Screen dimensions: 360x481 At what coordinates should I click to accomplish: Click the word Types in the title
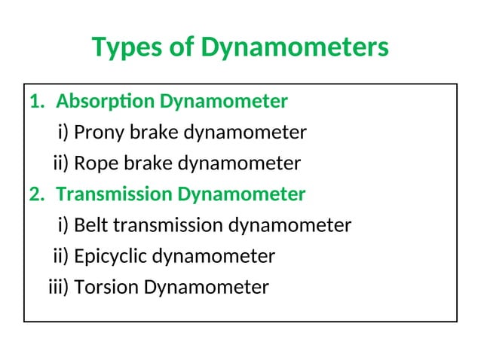[125, 47]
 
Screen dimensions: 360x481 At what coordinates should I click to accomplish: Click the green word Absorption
[106, 101]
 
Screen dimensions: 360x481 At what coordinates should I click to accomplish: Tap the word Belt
[92, 225]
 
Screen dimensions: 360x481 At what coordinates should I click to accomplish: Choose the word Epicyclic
[112, 257]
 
